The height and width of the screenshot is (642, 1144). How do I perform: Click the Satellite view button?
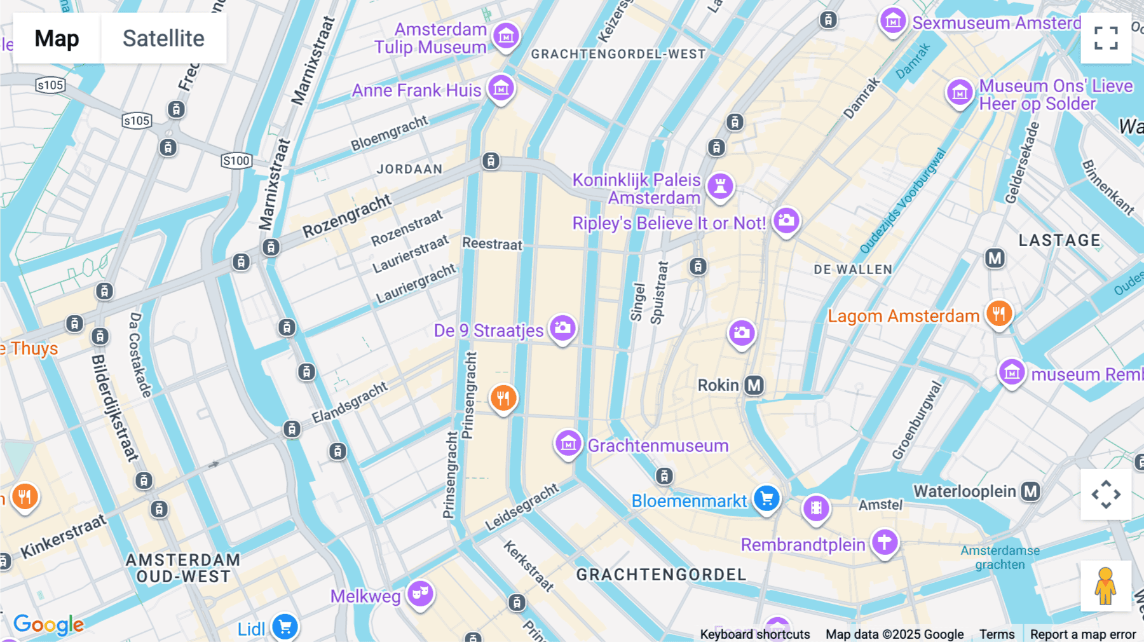pos(163,38)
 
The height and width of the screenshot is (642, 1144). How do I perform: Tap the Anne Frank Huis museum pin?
pos(501,88)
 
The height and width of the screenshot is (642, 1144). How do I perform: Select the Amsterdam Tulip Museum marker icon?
pos(506,36)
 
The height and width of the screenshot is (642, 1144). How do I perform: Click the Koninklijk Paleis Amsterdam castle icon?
pos(720,186)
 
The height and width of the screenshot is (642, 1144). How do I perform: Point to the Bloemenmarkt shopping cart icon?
pos(766,498)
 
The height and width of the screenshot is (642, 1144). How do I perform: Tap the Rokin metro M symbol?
pos(754,385)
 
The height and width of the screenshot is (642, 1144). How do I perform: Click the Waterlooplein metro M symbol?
pos(1030,491)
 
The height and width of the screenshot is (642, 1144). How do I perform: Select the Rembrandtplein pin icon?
pos(884,542)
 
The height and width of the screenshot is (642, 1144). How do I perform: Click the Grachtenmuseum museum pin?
pos(568,444)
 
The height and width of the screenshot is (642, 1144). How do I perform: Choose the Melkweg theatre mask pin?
pos(420,594)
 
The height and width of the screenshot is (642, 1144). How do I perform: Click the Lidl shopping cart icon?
pos(285,627)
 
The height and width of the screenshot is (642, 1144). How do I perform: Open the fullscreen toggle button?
pos(1106,38)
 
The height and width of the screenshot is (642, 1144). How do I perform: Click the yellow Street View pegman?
pos(1105,586)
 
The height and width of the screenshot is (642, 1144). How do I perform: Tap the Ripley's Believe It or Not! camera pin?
pos(786,221)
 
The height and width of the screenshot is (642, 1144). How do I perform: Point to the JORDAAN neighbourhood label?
pos(409,169)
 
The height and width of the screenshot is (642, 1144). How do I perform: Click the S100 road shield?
pos(236,161)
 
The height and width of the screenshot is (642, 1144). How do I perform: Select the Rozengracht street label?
pos(346,216)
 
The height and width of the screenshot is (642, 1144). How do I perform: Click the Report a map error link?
pos(1082,634)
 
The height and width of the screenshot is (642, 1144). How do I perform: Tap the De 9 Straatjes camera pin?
pos(562,329)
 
